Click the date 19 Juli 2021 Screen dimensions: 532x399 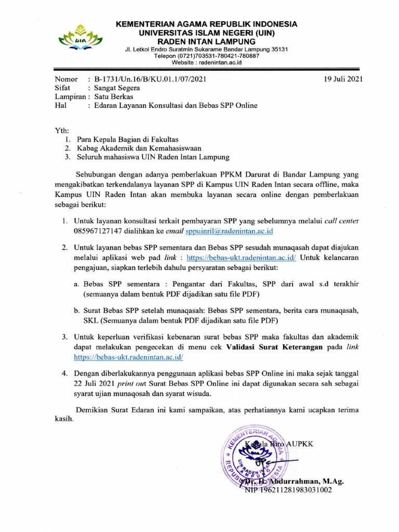pyautogui.click(x=341, y=79)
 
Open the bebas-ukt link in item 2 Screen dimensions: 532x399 pyautogui.click(x=241, y=258)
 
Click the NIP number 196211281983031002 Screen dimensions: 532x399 pyautogui.click(x=289, y=490)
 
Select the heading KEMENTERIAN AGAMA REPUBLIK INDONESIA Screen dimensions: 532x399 pyautogui.click(x=206, y=24)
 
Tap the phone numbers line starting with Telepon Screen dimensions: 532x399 pyautogui.click(x=206, y=56)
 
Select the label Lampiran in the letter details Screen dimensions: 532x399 pyautogui.click(x=70, y=97)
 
